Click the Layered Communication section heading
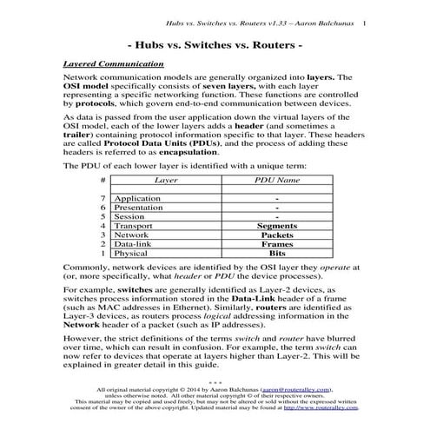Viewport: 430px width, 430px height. [113, 63]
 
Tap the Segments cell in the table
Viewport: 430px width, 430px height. [277, 225]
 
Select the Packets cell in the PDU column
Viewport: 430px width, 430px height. [277, 235]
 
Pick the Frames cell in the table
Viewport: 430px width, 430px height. [277, 244]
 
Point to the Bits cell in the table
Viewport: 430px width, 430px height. [277, 254]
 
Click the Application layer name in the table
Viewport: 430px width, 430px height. [137, 199]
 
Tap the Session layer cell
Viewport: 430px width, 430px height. [129, 216]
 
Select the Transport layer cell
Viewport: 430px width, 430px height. [135, 225]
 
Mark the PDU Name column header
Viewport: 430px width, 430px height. [277, 180]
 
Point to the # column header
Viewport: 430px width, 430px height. [103, 180]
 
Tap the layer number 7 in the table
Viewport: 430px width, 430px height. [103, 199]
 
